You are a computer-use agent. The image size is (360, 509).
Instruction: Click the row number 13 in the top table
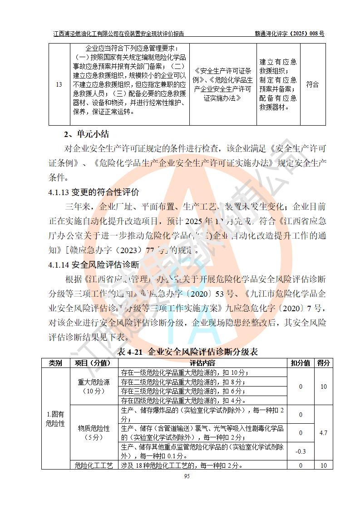pyautogui.click(x=59, y=84)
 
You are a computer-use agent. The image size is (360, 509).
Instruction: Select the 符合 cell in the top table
pyautogui.click(x=312, y=84)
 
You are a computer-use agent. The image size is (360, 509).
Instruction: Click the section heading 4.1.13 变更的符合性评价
pyautogui.click(x=94, y=192)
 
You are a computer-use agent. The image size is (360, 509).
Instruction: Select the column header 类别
pyautogui.click(x=56, y=363)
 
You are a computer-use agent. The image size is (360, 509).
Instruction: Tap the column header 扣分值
pyautogui.click(x=300, y=363)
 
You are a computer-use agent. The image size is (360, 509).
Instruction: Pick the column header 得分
pyautogui.click(x=323, y=363)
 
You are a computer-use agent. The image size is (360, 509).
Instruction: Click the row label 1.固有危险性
pyautogui.click(x=56, y=418)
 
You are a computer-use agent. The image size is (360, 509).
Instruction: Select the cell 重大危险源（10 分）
pyautogui.click(x=94, y=387)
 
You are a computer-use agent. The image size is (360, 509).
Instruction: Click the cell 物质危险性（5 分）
pyautogui.click(x=94, y=433)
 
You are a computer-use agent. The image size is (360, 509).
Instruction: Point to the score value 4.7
pyautogui.click(x=323, y=433)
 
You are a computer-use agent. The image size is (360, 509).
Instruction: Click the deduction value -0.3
pyautogui.click(x=300, y=451)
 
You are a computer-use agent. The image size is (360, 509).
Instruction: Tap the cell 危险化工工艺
pyautogui.click(x=94, y=465)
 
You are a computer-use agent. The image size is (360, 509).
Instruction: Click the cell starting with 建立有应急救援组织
pyautogui.click(x=278, y=84)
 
